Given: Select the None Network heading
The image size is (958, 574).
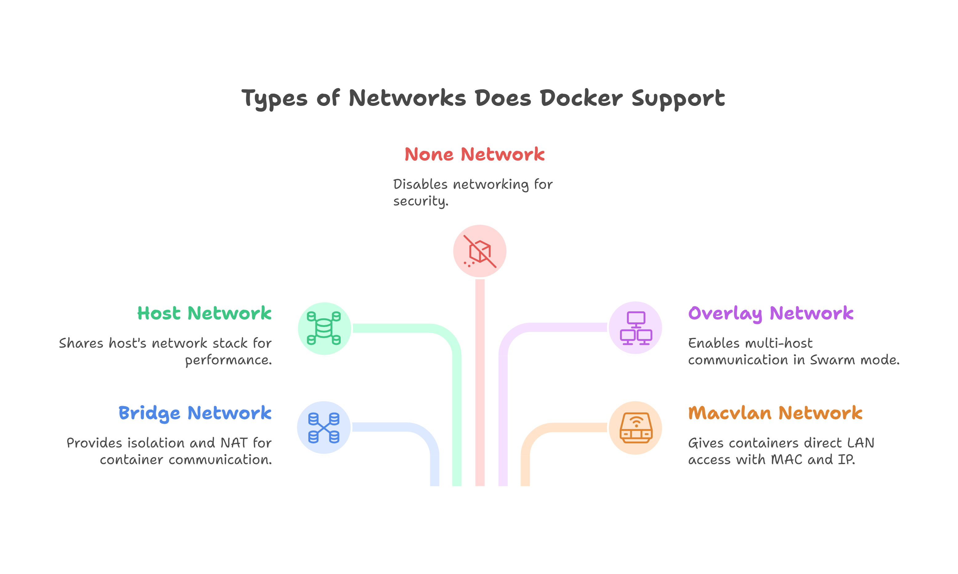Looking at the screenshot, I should pyautogui.click(x=474, y=154).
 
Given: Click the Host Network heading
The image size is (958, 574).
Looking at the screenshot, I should pyautogui.click(x=204, y=313).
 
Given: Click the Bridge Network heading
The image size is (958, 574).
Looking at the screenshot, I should pyautogui.click(x=195, y=413).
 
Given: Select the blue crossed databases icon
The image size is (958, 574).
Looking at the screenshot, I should pyautogui.click(x=324, y=427).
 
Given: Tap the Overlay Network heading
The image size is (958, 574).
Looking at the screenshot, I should pyautogui.click(x=770, y=313).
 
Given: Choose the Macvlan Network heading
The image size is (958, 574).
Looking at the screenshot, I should pyautogui.click(x=775, y=413).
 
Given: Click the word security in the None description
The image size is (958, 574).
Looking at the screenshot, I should pyautogui.click(x=420, y=201).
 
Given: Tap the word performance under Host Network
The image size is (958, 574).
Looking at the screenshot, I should pyautogui.click(x=228, y=360).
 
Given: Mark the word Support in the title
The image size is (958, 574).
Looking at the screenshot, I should pyautogui.click(x=678, y=98).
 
